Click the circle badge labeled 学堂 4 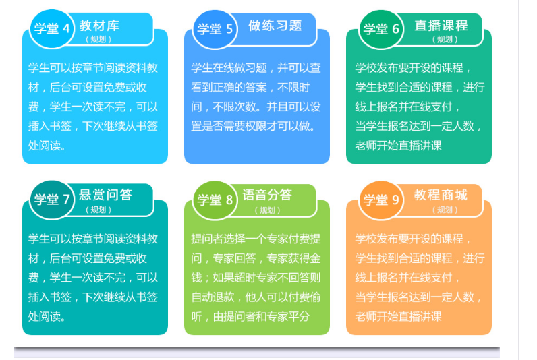(x=52, y=29)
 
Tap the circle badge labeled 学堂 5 (x=215, y=30)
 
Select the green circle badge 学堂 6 (x=381, y=30)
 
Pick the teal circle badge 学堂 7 (x=52, y=200)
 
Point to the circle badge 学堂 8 (x=215, y=200)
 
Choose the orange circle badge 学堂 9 (x=381, y=200)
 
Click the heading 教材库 (x=99, y=26)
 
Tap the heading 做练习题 (x=275, y=26)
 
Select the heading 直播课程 (x=441, y=26)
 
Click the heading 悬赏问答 (x=105, y=195)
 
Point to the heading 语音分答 (x=267, y=195)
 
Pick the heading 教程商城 (x=441, y=195)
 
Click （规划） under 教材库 (x=98, y=39)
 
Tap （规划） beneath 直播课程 (x=445, y=39)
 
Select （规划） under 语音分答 (x=267, y=210)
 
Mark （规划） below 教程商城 (x=445, y=210)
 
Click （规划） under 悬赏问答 (x=98, y=210)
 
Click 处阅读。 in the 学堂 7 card (x=47, y=317)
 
